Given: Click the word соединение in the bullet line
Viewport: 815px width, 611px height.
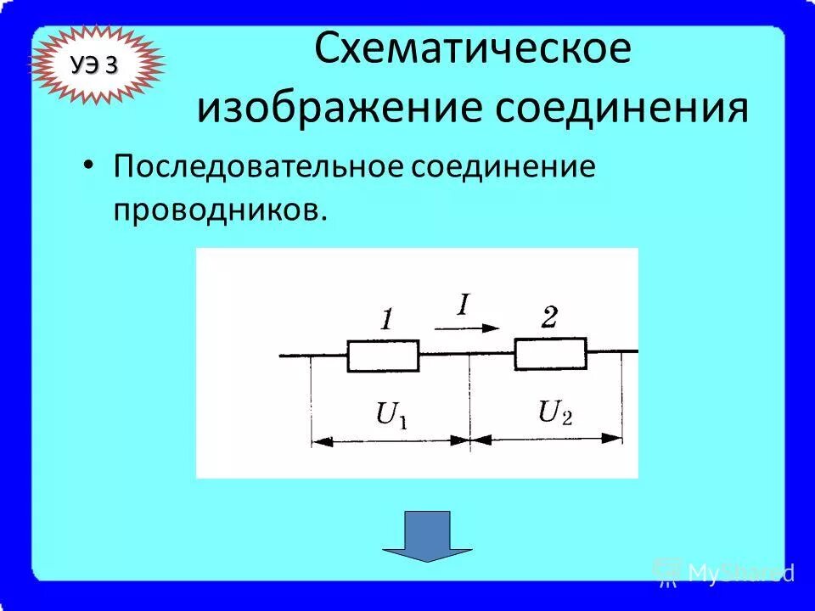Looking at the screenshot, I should pyautogui.click(x=503, y=166).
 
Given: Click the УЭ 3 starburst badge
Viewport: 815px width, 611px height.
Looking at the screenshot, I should pyautogui.click(x=95, y=65).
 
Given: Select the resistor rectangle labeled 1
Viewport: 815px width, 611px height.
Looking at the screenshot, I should pyautogui.click(x=383, y=356).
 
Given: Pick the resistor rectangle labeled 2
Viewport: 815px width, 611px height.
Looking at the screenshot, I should pyautogui.click(x=550, y=353).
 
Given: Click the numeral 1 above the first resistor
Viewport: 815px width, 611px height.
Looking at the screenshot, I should pyautogui.click(x=386, y=321).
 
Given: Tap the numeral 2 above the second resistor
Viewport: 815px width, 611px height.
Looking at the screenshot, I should pyautogui.click(x=548, y=318).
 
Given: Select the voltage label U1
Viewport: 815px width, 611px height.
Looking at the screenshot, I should pyautogui.click(x=391, y=416).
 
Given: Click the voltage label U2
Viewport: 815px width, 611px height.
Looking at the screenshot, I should pyautogui.click(x=555, y=412).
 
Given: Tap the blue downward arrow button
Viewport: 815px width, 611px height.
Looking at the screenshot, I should pyautogui.click(x=427, y=535).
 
